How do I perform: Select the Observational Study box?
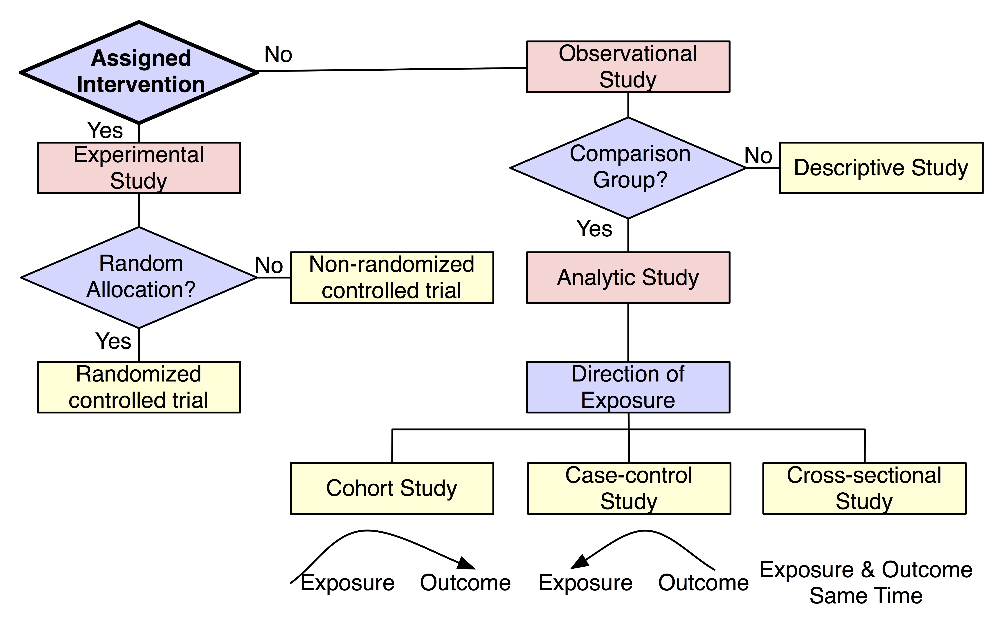[x=628, y=67]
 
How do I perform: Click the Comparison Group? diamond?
[x=628, y=168]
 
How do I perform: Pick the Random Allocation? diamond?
[x=139, y=277]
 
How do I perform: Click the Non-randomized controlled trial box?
[x=392, y=277]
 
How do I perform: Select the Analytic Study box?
[x=628, y=277]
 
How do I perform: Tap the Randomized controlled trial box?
[x=139, y=387]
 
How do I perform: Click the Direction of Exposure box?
[x=628, y=387]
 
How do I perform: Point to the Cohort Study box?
[x=392, y=488]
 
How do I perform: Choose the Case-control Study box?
[x=629, y=488]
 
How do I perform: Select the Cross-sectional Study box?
[x=864, y=488]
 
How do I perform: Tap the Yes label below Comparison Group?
[x=594, y=229]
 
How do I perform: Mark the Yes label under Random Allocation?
[x=113, y=341]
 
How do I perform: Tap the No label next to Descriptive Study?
[x=758, y=156]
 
